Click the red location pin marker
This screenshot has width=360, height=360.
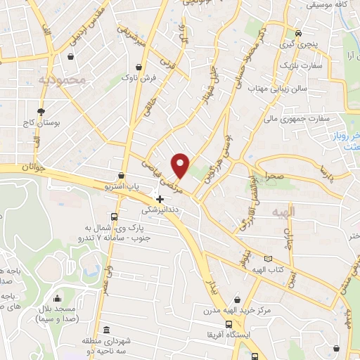(181, 165)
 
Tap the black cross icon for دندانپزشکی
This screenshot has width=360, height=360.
(160, 199)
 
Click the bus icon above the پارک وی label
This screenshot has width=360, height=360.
(115, 217)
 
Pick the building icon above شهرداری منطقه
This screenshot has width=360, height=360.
(106, 330)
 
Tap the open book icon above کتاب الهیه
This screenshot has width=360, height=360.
(266, 259)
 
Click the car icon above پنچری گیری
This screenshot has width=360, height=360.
(298, 33)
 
